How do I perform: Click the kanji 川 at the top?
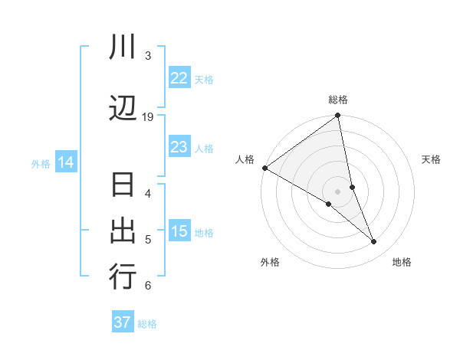click(x=123, y=48)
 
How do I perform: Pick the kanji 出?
click(x=123, y=231)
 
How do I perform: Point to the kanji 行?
click(x=123, y=277)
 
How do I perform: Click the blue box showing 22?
click(x=179, y=78)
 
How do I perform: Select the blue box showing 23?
click(x=179, y=147)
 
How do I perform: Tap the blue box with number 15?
click(x=179, y=231)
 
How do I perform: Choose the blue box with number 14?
click(x=65, y=162)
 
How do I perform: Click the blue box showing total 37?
click(x=122, y=322)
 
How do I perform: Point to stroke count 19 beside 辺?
click(x=148, y=116)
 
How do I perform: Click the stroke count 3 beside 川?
click(x=148, y=55)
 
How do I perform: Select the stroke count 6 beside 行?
click(x=148, y=286)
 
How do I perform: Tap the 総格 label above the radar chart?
click(x=338, y=100)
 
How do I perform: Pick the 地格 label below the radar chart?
click(x=402, y=262)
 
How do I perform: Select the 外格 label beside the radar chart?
click(x=270, y=262)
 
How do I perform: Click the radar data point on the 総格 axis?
click(x=338, y=116)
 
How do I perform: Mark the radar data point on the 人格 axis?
click(x=264, y=168)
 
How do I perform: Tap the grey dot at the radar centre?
click(x=338, y=191)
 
